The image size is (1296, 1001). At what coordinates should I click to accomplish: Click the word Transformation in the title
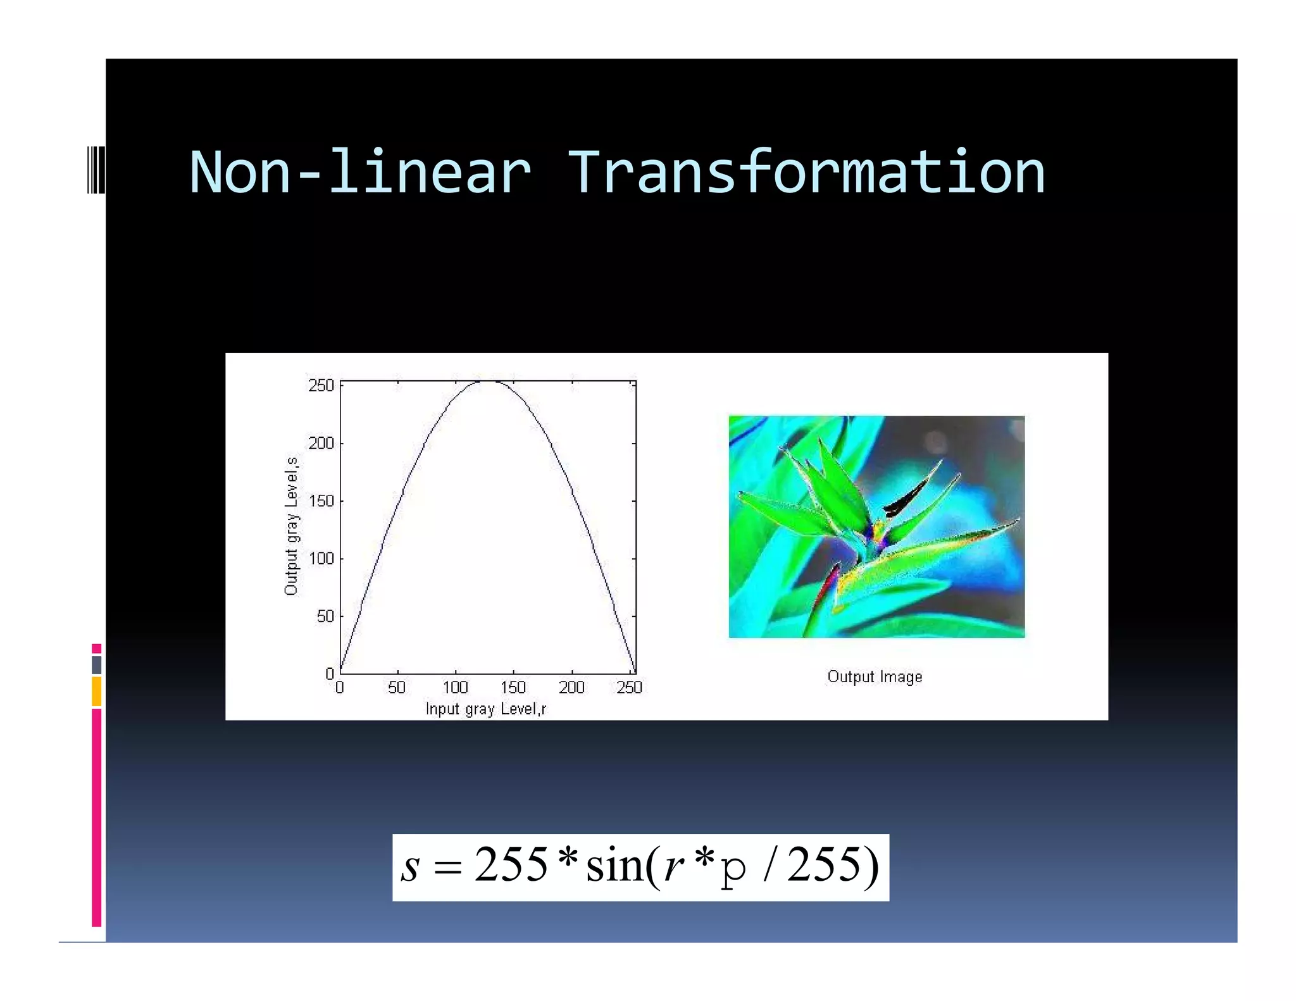point(806,173)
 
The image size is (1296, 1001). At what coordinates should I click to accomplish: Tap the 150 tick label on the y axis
point(321,501)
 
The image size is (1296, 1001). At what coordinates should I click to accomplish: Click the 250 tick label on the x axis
point(629,687)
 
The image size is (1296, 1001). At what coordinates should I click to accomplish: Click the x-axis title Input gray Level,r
point(485,709)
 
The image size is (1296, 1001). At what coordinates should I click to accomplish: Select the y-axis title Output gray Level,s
point(291,526)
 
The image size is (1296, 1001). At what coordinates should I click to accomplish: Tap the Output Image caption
point(875,677)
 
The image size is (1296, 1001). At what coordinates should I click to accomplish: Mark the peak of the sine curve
point(487,382)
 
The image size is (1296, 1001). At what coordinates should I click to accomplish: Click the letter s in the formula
point(410,867)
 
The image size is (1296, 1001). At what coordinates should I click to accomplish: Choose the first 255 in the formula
point(511,864)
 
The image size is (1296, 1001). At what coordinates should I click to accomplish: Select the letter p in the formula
point(733,872)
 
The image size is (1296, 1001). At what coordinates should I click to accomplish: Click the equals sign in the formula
point(447,868)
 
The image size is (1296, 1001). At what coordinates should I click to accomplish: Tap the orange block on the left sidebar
point(96,691)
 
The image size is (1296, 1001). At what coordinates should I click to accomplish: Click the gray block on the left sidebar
point(96,664)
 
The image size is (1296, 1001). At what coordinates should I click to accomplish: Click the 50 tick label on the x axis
point(397,687)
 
